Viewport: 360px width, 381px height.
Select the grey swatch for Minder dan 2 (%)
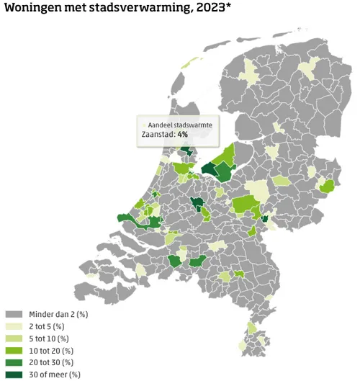[14, 315]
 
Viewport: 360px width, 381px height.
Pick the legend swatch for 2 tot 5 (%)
[14, 326]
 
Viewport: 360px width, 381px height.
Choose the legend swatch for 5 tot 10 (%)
[14, 339]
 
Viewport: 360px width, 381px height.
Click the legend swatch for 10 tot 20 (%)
[14, 350]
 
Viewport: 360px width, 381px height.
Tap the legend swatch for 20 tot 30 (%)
[14, 362]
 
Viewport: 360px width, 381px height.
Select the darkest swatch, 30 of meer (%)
[14, 374]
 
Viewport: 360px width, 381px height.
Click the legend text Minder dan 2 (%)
[58, 315]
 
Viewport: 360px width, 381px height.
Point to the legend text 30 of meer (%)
[55, 374]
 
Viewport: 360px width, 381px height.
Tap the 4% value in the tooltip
[183, 134]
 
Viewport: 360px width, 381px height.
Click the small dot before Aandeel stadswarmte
[143, 124]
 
